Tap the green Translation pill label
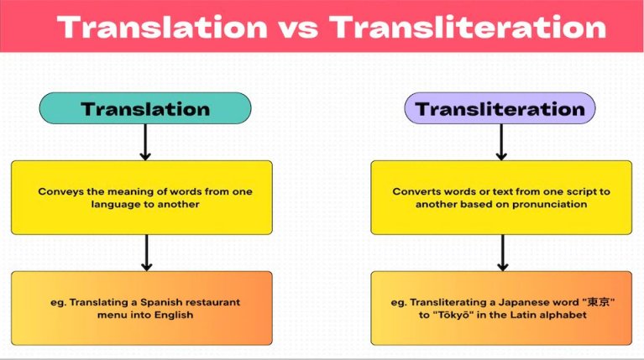[x=145, y=108]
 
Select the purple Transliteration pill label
[x=500, y=108]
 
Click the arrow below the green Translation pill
[x=145, y=142]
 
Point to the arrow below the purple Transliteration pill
[x=501, y=142]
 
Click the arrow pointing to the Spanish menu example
[x=147, y=253]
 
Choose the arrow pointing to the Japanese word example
[x=502, y=253]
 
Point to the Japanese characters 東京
[x=598, y=302]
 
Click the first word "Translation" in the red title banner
[x=163, y=28]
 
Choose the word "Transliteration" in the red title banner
[x=468, y=28]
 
